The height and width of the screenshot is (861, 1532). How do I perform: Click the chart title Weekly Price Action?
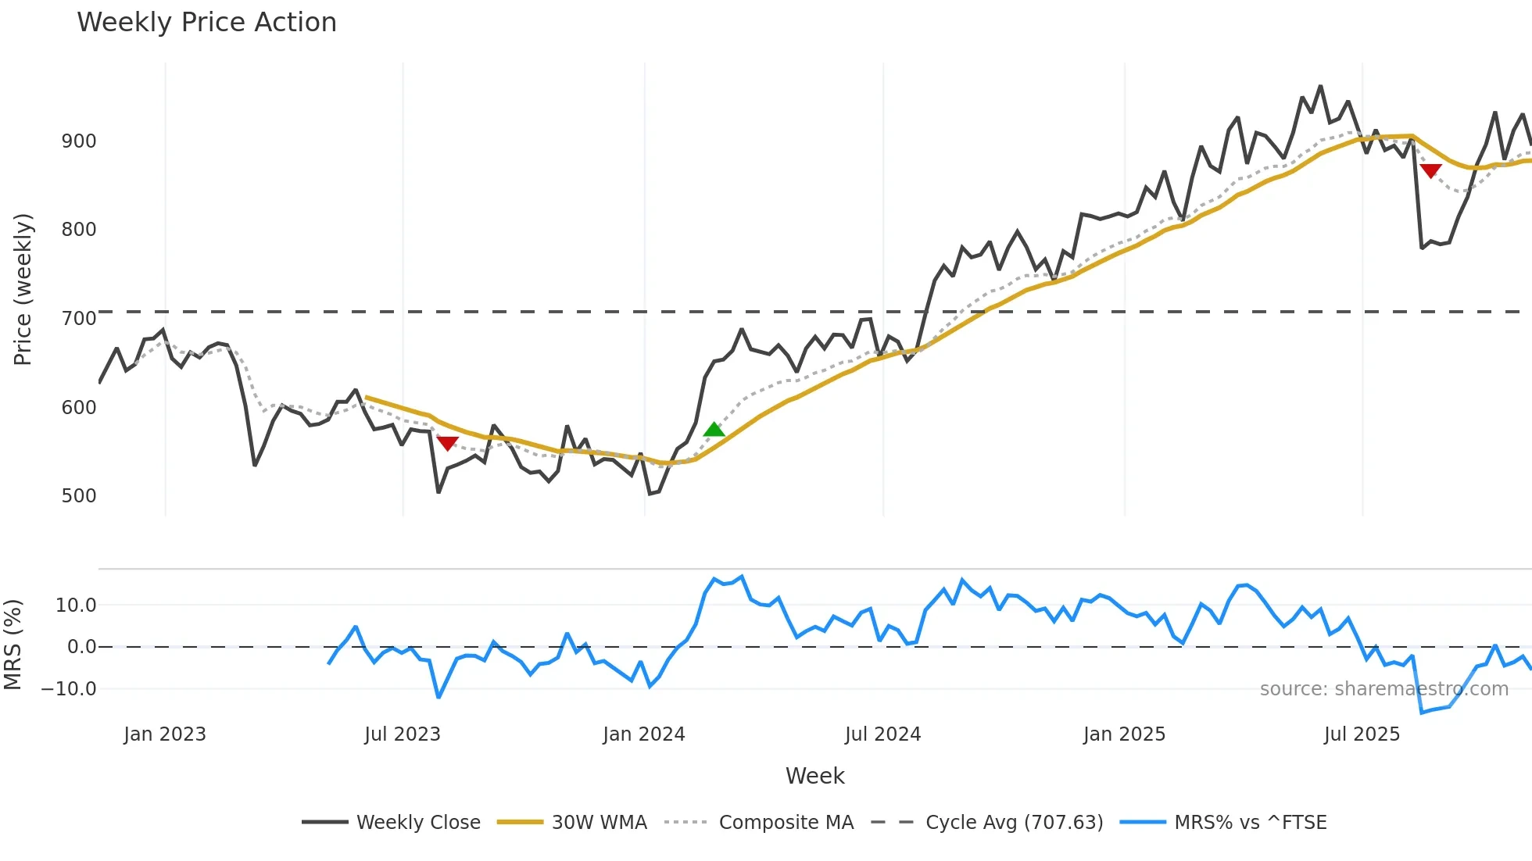pyautogui.click(x=206, y=23)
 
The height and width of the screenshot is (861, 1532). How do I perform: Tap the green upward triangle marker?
pyautogui.click(x=714, y=429)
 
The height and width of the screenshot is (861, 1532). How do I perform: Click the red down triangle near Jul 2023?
pyautogui.click(x=447, y=443)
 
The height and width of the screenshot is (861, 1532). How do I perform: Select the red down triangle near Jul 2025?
pyautogui.click(x=1430, y=170)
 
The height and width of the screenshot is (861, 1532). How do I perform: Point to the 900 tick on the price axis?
pyautogui.click(x=79, y=141)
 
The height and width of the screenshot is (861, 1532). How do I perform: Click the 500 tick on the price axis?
pyautogui.click(x=79, y=496)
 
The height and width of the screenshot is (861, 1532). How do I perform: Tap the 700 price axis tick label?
pyautogui.click(x=79, y=319)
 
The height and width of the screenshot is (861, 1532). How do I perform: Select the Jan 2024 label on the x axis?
pyautogui.click(x=643, y=734)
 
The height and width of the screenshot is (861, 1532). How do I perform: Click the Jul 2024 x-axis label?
pyautogui.click(x=882, y=734)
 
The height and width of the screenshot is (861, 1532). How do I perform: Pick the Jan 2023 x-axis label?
pyautogui.click(x=165, y=734)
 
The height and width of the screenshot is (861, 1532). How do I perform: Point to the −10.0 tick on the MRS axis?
pyautogui.click(x=69, y=689)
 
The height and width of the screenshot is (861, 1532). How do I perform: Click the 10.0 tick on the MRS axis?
pyautogui.click(x=76, y=606)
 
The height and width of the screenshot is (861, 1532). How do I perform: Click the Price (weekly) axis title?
pyautogui.click(x=23, y=289)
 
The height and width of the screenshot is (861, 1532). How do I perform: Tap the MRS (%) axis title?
pyautogui.click(x=13, y=645)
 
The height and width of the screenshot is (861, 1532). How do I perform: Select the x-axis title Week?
pyautogui.click(x=814, y=776)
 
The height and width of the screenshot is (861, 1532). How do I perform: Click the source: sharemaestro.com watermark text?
pyautogui.click(x=1383, y=689)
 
